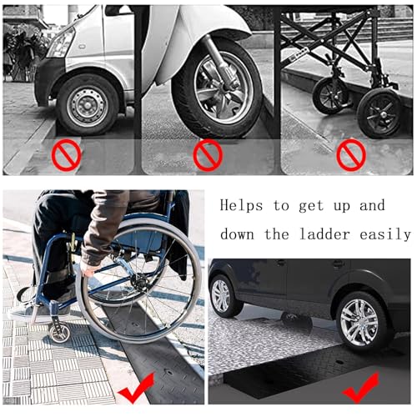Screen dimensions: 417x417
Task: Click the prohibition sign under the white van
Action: (66, 154)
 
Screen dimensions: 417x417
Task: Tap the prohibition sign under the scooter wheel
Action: (208, 155)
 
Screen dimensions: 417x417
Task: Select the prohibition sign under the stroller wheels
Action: (351, 155)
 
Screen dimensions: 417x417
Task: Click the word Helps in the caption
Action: (241, 206)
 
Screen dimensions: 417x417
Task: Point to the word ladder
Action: (325, 234)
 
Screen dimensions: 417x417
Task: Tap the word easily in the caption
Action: (385, 235)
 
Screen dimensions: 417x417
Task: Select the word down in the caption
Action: (237, 234)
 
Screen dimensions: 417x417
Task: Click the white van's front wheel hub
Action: (88, 104)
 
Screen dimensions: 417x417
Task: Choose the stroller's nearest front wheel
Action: (379, 113)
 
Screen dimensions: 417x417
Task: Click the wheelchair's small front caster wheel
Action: (59, 333)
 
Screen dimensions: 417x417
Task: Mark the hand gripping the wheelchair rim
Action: (90, 269)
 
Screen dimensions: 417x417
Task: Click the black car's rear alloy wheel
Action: (359, 323)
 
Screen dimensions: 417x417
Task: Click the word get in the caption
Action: (311, 207)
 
